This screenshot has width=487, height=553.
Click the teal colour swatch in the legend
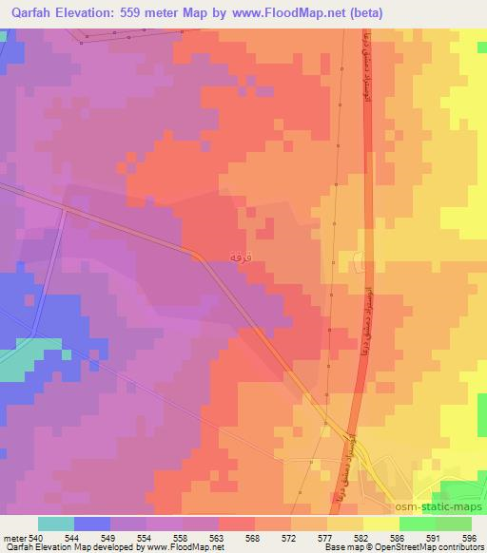point(56,524)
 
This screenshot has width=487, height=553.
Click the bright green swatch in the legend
point(418,524)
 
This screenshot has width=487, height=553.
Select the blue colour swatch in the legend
point(92,524)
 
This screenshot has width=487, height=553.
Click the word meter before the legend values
point(13,538)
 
